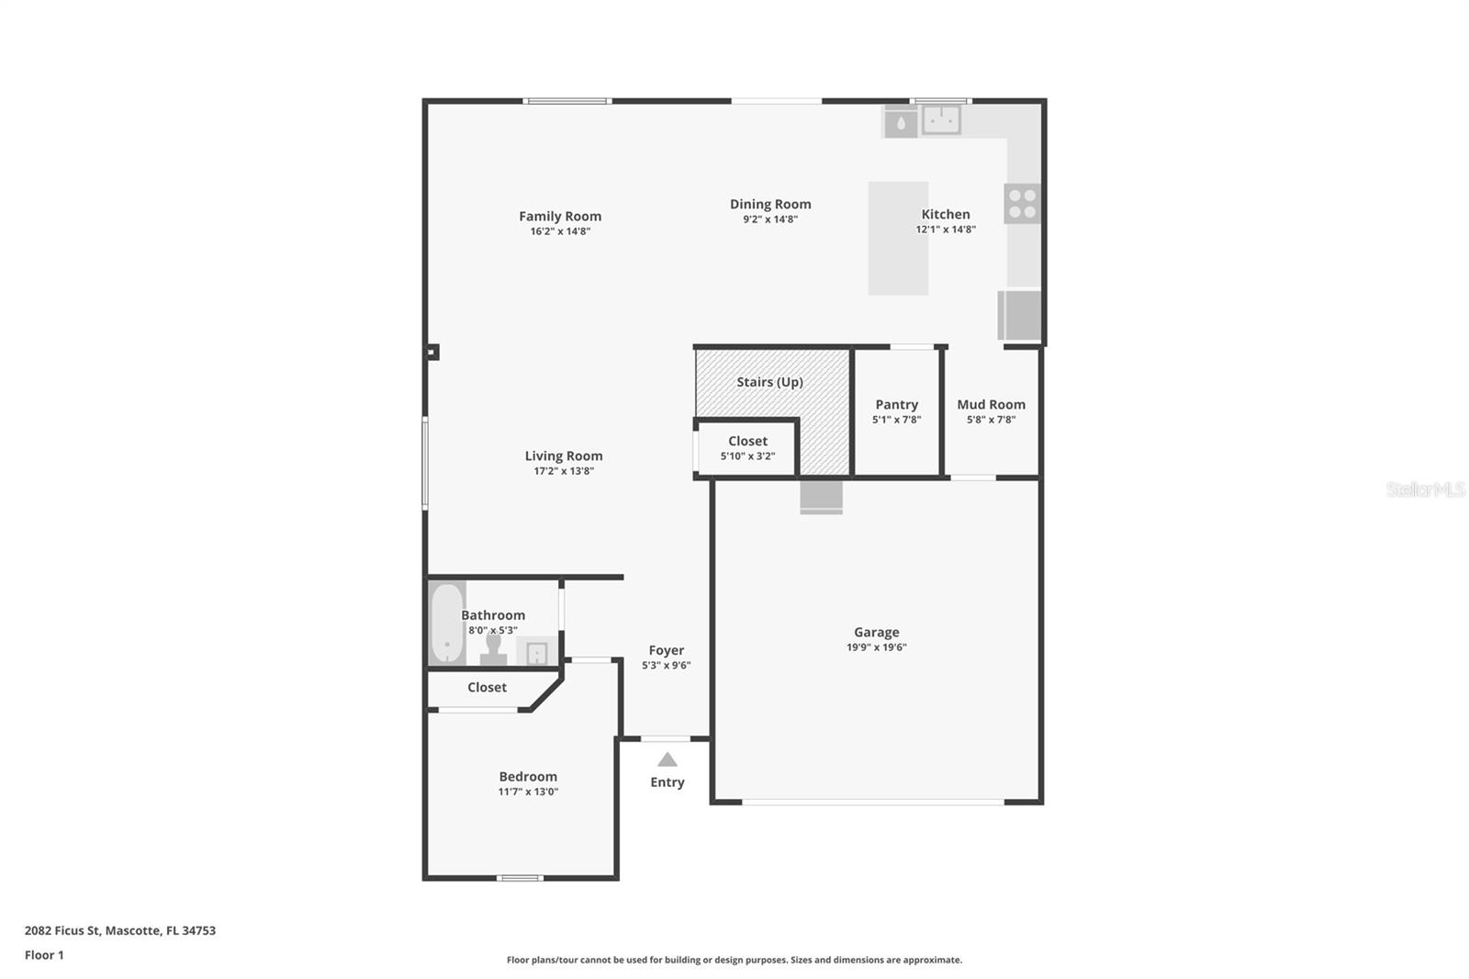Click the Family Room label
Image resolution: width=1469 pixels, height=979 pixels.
559,217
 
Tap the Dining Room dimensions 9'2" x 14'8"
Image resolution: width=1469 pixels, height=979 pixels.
769,219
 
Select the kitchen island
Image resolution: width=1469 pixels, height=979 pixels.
898,239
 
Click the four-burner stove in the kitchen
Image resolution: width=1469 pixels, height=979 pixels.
1022,204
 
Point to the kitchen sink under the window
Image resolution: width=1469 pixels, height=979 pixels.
941,119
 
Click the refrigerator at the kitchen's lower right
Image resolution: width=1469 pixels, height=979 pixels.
1020,315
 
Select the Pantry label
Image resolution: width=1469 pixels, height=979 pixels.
896,405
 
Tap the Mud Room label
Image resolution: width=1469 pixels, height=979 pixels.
991,405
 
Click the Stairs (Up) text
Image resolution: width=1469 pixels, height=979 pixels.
769,382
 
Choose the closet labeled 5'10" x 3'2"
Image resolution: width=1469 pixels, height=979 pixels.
747,448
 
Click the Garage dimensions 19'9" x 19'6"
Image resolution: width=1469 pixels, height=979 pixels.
876,647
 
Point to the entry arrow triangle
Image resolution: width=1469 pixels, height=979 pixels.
667,760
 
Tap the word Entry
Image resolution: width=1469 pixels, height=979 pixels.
667,782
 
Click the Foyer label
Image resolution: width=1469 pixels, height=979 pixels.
666,650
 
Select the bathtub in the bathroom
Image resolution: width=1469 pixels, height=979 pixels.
447,624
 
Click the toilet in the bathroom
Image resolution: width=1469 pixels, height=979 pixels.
494,650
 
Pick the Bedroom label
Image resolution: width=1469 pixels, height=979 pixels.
528,777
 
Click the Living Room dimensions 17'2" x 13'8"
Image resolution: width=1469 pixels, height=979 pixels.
564,471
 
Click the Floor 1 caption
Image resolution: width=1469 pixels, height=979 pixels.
44,955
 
